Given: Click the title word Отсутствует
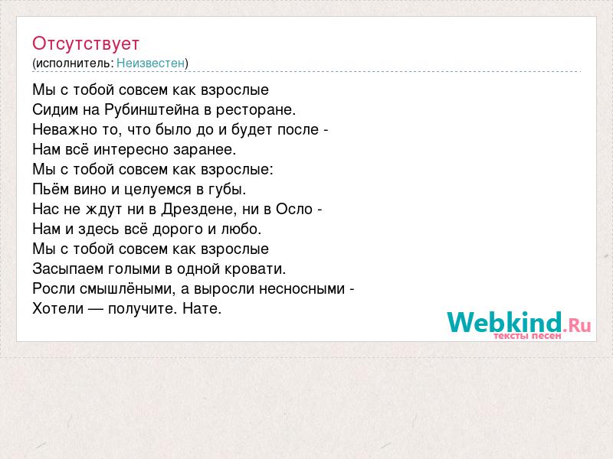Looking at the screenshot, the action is tap(86, 44).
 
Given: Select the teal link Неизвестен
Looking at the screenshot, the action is tap(150, 63).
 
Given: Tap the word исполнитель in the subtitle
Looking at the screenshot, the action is tap(74, 63).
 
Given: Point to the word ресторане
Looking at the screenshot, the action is tap(256, 110).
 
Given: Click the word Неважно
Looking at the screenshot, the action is tap(65, 129).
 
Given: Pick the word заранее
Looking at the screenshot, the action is tap(205, 150).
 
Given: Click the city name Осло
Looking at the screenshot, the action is tap(294, 209).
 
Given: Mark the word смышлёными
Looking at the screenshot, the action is tap(128, 288).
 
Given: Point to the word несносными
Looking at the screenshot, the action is tap(302, 289).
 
